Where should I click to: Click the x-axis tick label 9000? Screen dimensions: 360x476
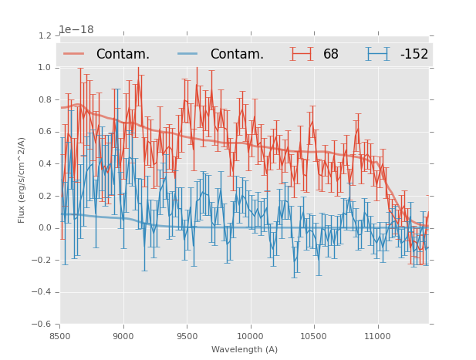123,335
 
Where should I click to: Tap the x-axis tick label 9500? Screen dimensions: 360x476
187,335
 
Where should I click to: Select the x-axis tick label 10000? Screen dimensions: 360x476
250,335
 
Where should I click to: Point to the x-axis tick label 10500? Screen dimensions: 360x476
314,335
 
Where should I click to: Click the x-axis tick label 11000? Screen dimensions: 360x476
377,335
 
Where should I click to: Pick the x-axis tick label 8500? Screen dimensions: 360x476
60,335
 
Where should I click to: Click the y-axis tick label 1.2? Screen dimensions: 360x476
44,35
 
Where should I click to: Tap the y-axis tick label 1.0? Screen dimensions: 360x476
44,68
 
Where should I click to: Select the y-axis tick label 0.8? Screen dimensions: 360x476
44,99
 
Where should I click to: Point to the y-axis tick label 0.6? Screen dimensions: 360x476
44,132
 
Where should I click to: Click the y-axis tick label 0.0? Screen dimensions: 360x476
44,228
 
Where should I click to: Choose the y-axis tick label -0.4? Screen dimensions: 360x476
42,292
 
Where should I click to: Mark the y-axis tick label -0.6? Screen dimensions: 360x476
42,325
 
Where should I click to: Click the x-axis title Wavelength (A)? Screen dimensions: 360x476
245,349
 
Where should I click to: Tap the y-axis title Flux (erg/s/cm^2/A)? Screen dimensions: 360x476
22,180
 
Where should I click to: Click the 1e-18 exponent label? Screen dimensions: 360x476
76,30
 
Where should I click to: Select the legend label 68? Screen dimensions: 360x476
331,54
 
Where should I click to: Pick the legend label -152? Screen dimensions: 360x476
414,54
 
